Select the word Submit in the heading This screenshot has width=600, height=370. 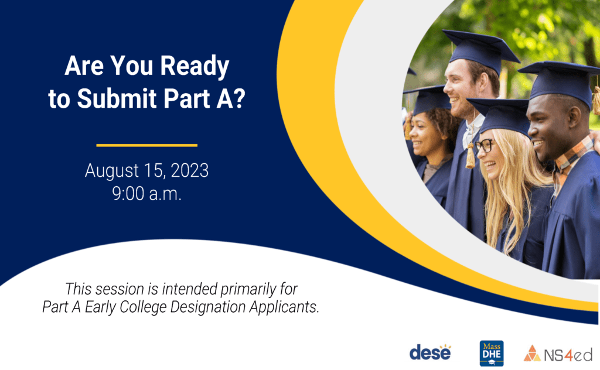117,98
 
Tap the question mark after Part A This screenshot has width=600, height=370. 238,98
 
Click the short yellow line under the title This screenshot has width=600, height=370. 147,145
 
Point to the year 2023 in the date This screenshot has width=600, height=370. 190,170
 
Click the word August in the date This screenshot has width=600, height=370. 112,171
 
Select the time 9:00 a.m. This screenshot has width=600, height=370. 147,193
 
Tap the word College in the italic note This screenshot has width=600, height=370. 143,307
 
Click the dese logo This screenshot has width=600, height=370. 430,352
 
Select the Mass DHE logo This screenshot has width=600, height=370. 492,353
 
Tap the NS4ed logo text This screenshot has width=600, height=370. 568,355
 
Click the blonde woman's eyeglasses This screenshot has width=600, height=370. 484,146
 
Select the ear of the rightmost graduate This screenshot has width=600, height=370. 574,117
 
